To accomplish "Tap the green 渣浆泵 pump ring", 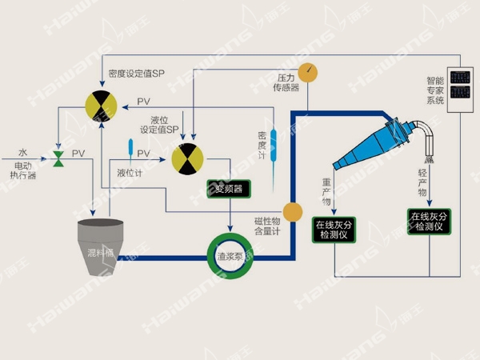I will click(230, 257).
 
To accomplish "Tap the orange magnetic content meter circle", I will click(292, 212).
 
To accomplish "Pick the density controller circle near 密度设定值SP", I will click(102, 106).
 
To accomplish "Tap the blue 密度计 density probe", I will click(274, 144).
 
